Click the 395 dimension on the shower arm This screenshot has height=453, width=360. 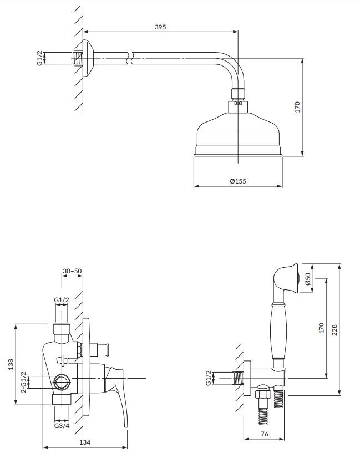pos(160,27)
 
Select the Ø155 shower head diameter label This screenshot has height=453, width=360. pos(237,181)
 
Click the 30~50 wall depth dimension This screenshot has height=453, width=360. pos(72,271)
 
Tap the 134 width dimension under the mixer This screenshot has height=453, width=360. pos(84,442)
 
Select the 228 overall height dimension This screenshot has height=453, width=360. pos(334,330)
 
